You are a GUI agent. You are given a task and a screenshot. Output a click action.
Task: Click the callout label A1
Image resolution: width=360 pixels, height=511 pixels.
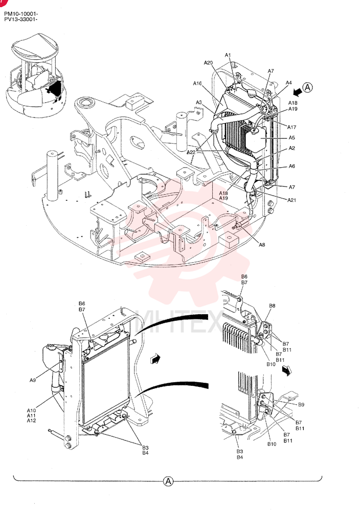(228, 55)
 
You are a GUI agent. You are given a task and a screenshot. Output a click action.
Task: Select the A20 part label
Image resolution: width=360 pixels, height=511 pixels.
(208, 62)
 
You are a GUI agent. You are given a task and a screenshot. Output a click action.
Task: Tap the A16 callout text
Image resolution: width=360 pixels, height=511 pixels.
(197, 83)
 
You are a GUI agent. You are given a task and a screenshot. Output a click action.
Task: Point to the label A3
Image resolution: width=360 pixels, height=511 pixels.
(199, 102)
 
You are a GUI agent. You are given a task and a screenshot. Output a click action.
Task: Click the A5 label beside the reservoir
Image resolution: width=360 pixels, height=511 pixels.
(291, 138)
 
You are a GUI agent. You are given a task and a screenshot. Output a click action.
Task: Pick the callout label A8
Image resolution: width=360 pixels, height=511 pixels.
(262, 245)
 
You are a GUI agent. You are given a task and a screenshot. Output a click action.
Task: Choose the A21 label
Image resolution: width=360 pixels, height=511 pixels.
(291, 200)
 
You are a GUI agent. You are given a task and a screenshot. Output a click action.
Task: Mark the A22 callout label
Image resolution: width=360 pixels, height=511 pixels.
(191, 152)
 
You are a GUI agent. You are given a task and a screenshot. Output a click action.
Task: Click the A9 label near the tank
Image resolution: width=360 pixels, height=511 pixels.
(33, 380)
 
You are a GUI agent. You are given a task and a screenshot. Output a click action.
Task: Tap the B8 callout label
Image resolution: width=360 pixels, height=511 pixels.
(272, 306)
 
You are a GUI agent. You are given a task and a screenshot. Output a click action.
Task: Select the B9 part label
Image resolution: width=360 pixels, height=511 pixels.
(301, 404)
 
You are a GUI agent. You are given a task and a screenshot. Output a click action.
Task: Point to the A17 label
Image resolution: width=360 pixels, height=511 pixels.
(291, 127)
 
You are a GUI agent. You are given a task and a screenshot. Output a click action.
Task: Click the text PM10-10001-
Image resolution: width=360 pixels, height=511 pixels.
(21, 14)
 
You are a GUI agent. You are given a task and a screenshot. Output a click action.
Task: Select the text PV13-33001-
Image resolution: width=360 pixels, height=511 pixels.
(21, 19)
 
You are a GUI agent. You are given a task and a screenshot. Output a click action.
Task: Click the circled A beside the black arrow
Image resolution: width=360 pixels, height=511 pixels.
(307, 87)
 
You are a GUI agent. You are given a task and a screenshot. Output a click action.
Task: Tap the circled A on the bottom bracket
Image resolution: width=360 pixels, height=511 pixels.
(168, 481)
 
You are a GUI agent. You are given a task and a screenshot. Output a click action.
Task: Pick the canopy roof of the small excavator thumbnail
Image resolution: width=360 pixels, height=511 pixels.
(35, 47)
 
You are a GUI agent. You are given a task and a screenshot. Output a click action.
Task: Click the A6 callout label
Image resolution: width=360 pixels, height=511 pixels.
(291, 166)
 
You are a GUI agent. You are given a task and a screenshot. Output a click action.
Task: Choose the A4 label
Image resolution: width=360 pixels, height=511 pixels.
(288, 83)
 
